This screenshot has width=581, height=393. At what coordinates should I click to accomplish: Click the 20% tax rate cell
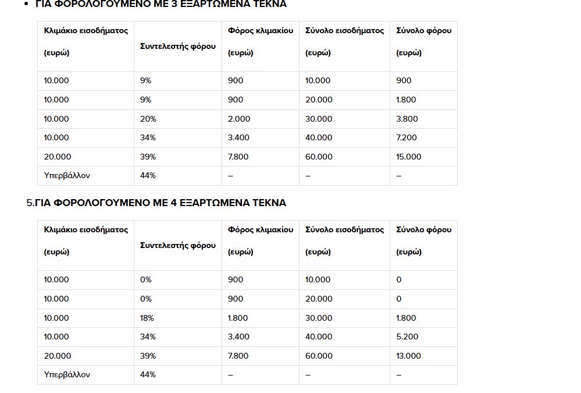coord(148,119)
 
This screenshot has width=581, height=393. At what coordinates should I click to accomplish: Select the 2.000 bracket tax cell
coord(239,119)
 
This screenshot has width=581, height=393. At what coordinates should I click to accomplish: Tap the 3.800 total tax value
coord(407,119)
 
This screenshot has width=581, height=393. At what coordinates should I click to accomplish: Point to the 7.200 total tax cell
coord(407,137)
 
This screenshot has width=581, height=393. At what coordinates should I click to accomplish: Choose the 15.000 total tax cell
coord(409,157)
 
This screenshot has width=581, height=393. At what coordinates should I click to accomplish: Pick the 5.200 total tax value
coord(407,337)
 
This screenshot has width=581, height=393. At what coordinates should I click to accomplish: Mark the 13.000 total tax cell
coord(409,356)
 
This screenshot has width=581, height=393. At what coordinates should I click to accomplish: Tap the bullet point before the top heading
coord(27,4)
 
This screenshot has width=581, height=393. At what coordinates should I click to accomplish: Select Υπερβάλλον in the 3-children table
coord(67,175)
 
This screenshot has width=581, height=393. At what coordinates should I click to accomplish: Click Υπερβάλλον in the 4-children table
coord(67,374)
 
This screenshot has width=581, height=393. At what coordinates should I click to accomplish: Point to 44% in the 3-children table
coord(148,175)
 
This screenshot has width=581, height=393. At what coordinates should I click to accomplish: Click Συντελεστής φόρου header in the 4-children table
coord(178,245)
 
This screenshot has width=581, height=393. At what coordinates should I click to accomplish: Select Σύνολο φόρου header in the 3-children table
coord(423,30)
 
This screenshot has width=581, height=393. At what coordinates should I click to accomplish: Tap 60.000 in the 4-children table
coord(319,356)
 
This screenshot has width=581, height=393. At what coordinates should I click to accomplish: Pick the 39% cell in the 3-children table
coord(148,157)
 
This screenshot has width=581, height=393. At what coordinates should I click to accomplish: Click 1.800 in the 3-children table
coord(406,100)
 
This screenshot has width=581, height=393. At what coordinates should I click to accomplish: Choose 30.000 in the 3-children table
coord(319,119)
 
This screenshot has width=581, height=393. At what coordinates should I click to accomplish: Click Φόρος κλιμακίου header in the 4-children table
coord(261,229)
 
